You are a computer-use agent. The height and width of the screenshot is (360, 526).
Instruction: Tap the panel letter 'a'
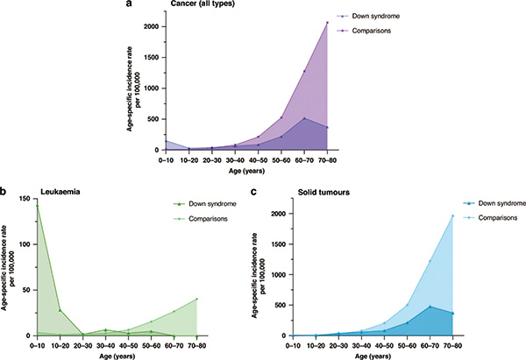(x=130, y=5)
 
